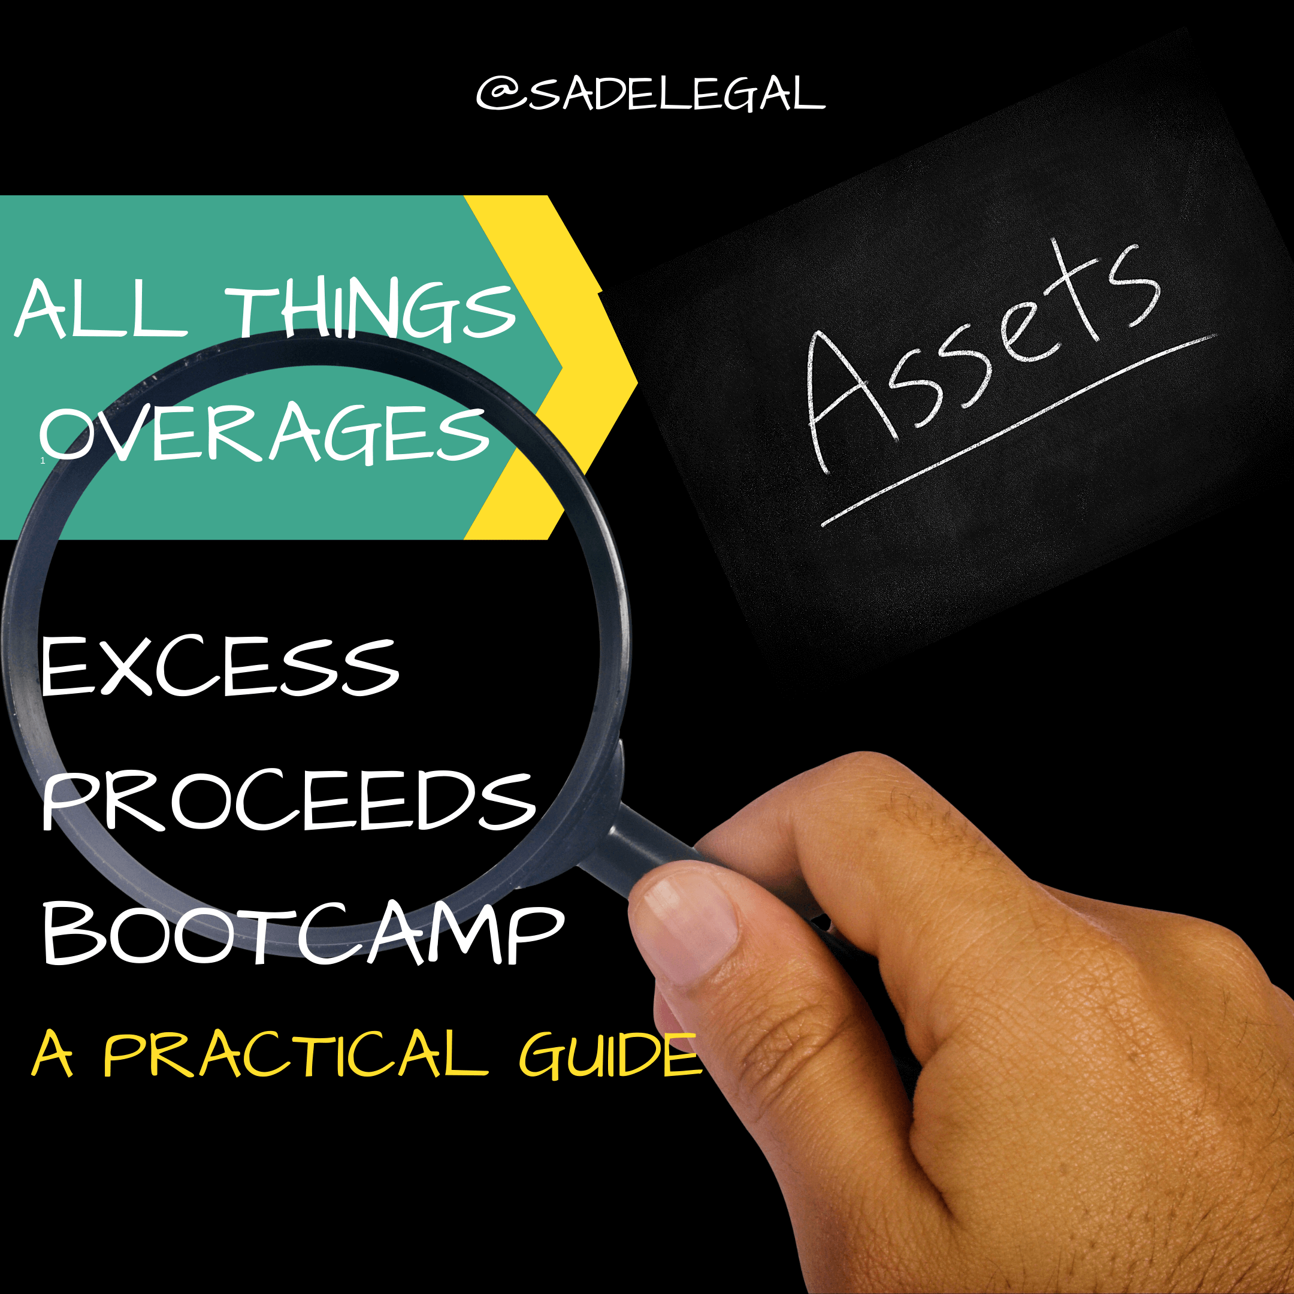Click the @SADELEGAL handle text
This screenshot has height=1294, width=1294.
[x=651, y=94]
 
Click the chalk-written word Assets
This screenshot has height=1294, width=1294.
[x=984, y=355]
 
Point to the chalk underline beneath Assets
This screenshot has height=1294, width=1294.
[x=1018, y=431]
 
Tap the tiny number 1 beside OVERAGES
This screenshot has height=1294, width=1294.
[x=43, y=461]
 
